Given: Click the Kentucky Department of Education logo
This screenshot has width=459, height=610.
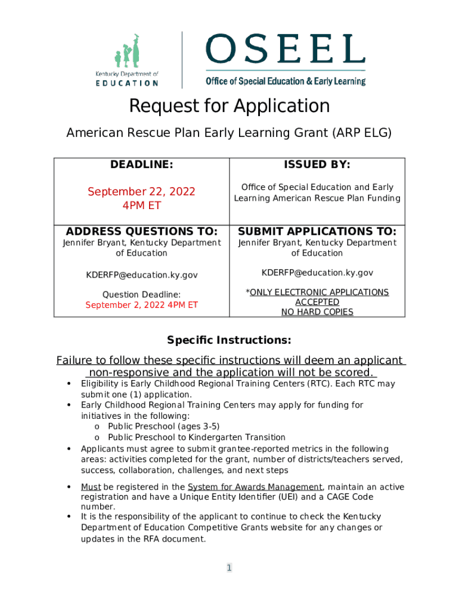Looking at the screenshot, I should click(127, 60).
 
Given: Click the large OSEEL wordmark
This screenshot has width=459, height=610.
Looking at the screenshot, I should click(285, 49).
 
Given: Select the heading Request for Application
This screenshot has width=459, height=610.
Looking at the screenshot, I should click(229, 106).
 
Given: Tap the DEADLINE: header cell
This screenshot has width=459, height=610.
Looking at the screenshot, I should click(142, 164).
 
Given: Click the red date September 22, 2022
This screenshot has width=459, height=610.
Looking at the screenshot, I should click(141, 192).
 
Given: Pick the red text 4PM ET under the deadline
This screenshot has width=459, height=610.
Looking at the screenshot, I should click(141, 206).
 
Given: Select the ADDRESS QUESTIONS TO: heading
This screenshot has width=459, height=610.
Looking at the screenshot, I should click(142, 231).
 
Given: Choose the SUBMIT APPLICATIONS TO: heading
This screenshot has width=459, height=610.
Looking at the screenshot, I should click(317, 231).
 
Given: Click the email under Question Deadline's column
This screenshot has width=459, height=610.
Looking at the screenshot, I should click(142, 275).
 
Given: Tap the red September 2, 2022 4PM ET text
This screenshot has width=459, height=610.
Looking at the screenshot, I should click(142, 305).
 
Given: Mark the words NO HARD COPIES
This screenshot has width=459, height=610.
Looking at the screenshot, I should click(317, 312).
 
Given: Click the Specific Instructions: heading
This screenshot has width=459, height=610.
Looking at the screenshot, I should click(229, 340).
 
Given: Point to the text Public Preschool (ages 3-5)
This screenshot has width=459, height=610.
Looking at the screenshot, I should click(164, 426).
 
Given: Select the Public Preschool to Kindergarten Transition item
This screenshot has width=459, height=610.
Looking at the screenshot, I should click(197, 437).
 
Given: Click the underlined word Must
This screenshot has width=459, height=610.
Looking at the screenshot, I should click(91, 487).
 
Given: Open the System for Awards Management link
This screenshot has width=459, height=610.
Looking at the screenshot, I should click(255, 487).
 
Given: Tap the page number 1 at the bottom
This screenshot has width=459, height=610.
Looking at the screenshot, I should click(229, 568).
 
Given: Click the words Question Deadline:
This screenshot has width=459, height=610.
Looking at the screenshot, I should click(142, 294).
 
